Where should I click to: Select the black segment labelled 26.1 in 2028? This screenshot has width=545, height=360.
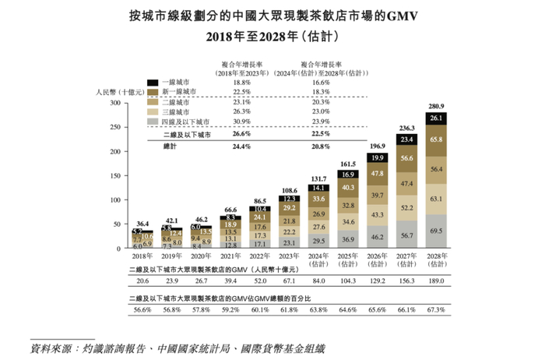pyautogui.click(x=436, y=118)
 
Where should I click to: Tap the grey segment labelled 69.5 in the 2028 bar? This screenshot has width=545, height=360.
pyautogui.click(x=436, y=231)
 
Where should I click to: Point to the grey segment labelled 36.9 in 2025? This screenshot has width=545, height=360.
pyautogui.click(x=349, y=238)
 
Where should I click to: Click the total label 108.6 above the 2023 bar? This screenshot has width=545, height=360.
pyautogui.click(x=290, y=190)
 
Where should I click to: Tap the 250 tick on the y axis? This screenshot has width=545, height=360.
pyautogui.click(x=114, y=127)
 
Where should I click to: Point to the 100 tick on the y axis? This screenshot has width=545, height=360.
pyautogui.click(x=114, y=200)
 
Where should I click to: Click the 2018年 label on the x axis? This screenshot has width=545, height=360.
pyautogui.click(x=143, y=255)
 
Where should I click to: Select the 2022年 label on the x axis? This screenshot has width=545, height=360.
pyautogui.click(x=261, y=255)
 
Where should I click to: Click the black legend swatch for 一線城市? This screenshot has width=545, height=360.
pyautogui.click(x=153, y=82)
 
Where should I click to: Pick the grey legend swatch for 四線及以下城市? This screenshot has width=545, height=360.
pyautogui.click(x=153, y=122)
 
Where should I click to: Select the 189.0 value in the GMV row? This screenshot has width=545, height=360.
pyautogui.click(x=436, y=280)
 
